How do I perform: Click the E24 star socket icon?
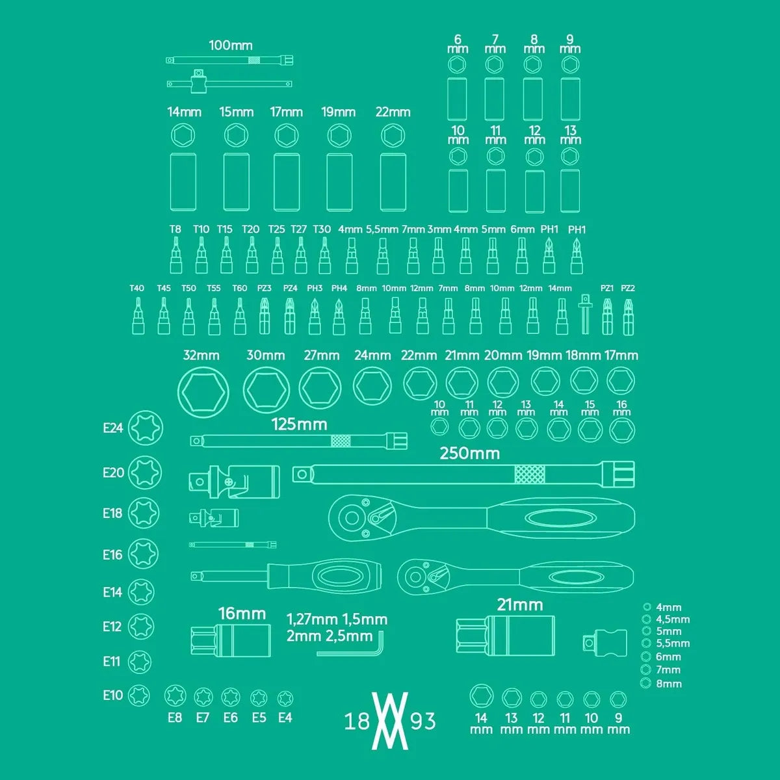146,428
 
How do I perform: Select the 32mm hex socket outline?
203,392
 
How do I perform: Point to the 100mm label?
231,45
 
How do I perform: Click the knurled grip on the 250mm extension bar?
530,474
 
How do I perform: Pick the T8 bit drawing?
175,255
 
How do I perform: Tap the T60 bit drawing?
240,316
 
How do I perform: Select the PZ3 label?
265,288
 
